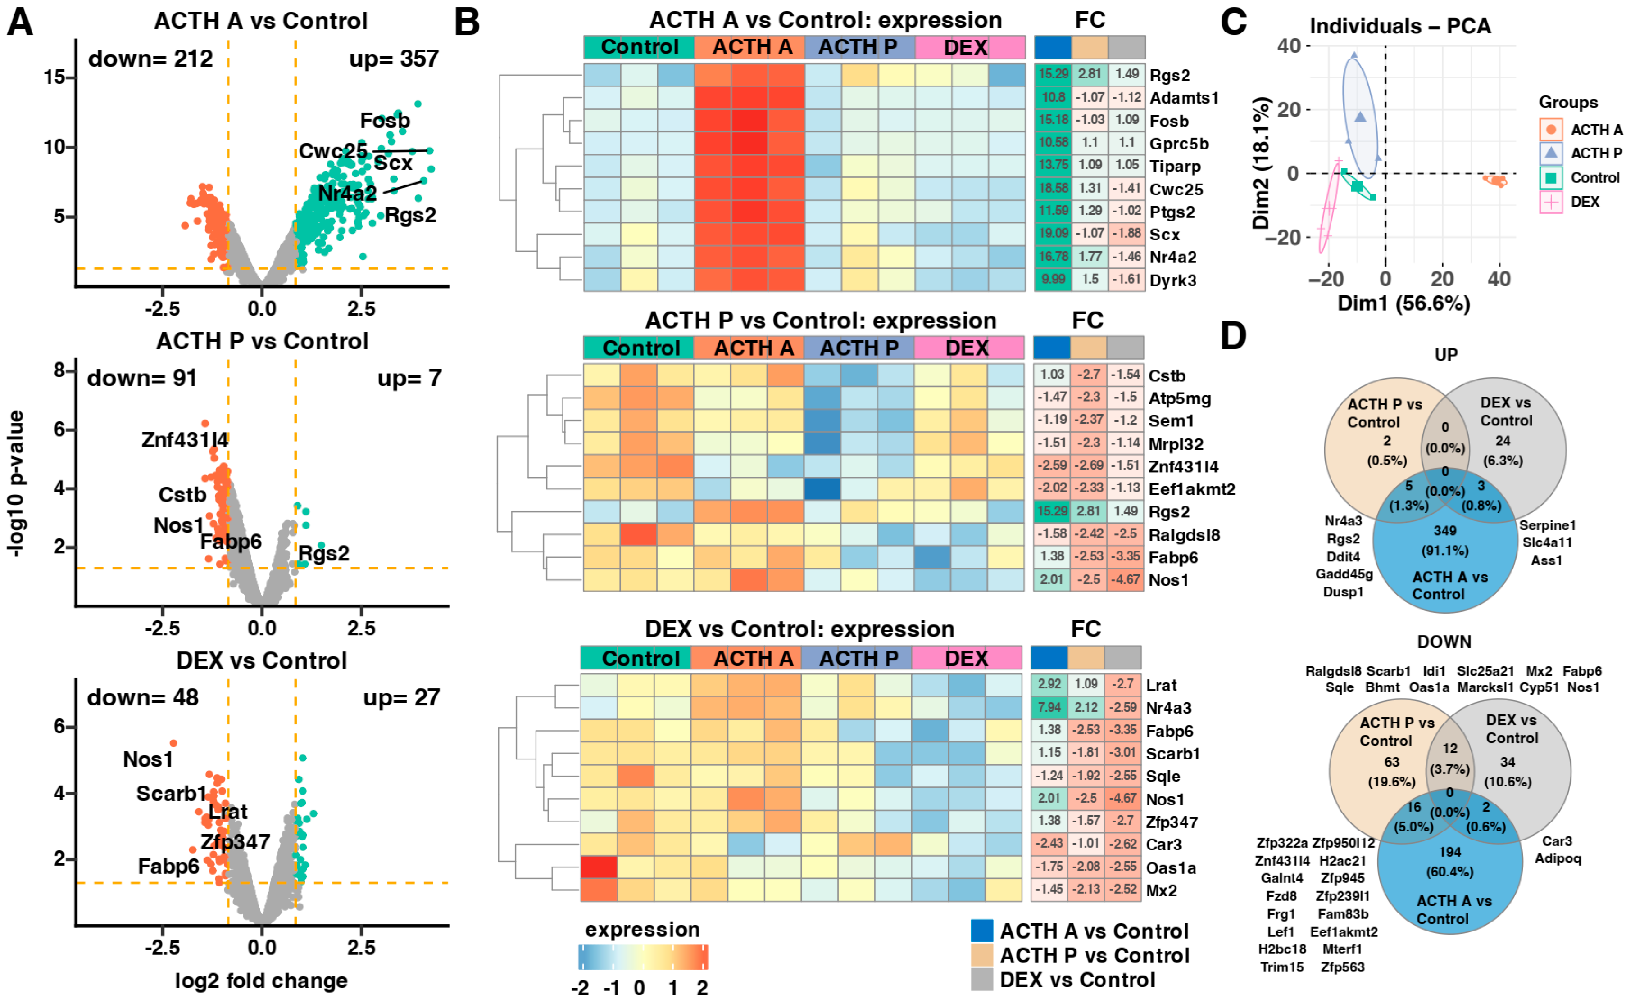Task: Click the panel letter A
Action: click(20, 23)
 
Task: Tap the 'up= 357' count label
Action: click(394, 59)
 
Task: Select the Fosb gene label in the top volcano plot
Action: click(385, 121)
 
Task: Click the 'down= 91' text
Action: click(141, 378)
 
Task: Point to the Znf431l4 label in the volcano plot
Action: click(185, 440)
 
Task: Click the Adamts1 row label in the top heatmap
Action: click(1184, 98)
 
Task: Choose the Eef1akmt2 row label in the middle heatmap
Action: click(1192, 489)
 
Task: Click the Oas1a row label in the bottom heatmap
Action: click(1171, 867)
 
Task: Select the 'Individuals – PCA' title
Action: click(1400, 27)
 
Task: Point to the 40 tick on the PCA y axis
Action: click(1288, 46)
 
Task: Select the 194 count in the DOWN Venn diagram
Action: click(1450, 852)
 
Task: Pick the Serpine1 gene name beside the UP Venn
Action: click(1547, 525)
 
